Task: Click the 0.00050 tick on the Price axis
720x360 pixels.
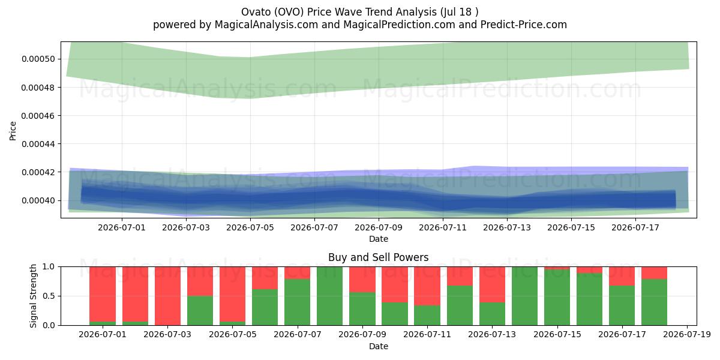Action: pyautogui.click(x=38, y=59)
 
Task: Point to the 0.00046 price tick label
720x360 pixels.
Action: pyautogui.click(x=38, y=116)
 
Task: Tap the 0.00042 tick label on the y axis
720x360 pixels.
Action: pyautogui.click(x=38, y=172)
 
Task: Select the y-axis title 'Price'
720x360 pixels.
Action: pyautogui.click(x=13, y=131)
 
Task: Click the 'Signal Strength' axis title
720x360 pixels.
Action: pyautogui.click(x=33, y=296)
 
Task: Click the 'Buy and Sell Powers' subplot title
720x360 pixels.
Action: pyautogui.click(x=379, y=257)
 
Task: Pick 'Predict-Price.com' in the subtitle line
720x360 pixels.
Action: pyautogui.click(x=524, y=25)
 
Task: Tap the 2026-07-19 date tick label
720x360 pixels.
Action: pyautogui.click(x=687, y=335)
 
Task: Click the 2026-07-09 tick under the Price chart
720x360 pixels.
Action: pyautogui.click(x=379, y=227)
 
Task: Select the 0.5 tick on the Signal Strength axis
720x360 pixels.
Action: pyautogui.click(x=49, y=296)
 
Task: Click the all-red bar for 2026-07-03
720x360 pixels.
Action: pyautogui.click(x=167, y=296)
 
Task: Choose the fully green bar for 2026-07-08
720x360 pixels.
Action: pyautogui.click(x=330, y=296)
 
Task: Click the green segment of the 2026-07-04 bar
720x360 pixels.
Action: pyautogui.click(x=200, y=311)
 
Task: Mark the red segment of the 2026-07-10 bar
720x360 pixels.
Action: pyautogui.click(x=395, y=284)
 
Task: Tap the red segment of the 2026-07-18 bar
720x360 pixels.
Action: pyautogui.click(x=654, y=273)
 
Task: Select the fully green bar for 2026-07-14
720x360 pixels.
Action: pyautogui.click(x=524, y=296)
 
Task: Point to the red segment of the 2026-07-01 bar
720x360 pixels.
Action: pyautogui.click(x=103, y=294)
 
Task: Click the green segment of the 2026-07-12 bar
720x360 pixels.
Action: pyautogui.click(x=460, y=305)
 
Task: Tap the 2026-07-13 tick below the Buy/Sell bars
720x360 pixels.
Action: pyautogui.click(x=492, y=335)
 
